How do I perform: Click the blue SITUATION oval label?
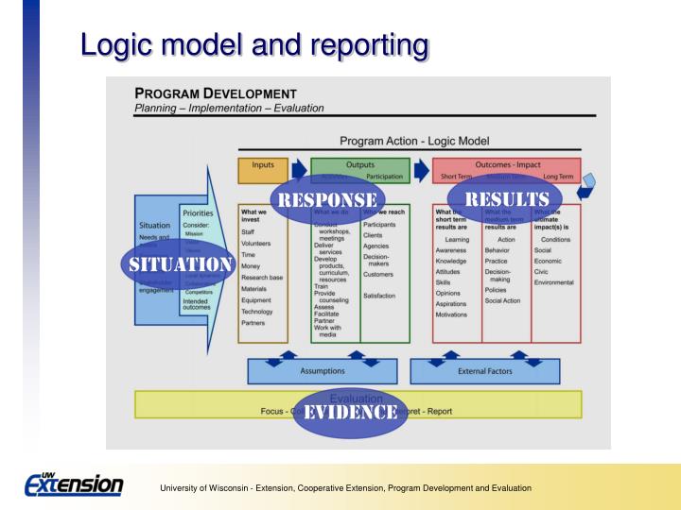click(179, 263)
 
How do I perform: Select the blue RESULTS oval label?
click(504, 199)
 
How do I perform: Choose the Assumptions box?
click(322, 371)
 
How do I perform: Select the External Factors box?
click(483, 371)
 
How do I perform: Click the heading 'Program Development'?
click(216, 93)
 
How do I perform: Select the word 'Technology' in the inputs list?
click(257, 311)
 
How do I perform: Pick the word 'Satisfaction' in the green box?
click(379, 296)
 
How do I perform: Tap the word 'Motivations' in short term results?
click(451, 314)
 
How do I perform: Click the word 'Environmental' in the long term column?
click(553, 281)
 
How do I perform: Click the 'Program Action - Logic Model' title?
click(414, 141)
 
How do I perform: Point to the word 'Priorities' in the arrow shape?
click(197, 214)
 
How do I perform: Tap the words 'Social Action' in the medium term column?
click(502, 300)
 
